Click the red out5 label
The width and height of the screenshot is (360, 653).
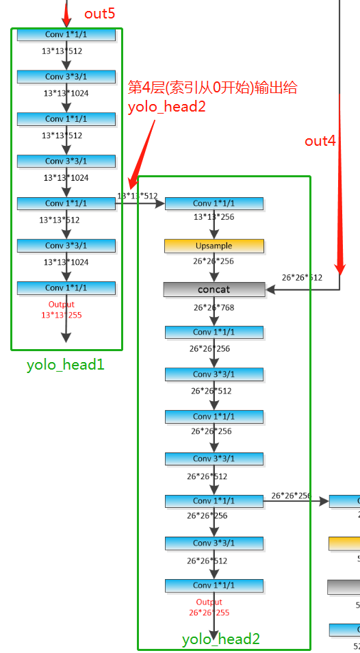(x=99, y=14)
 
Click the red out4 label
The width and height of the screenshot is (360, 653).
(x=320, y=141)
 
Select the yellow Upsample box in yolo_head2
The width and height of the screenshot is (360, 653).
(x=214, y=246)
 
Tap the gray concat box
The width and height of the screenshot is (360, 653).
(x=214, y=290)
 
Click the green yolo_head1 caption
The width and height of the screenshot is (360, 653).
(x=66, y=364)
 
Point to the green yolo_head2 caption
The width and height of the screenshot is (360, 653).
(x=220, y=639)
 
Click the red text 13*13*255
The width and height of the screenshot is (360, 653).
(x=61, y=314)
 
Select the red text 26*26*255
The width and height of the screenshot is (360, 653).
(x=209, y=612)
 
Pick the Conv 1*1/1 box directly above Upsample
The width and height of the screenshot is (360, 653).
(x=214, y=203)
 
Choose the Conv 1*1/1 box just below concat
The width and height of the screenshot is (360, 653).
(x=214, y=332)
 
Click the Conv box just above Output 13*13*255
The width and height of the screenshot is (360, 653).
(x=66, y=287)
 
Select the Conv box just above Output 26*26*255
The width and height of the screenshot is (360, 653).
(x=214, y=585)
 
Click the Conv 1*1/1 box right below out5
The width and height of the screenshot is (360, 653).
(x=66, y=34)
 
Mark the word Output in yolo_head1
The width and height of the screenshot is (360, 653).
(x=61, y=305)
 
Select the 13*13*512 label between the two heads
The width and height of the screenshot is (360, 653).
(x=138, y=196)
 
